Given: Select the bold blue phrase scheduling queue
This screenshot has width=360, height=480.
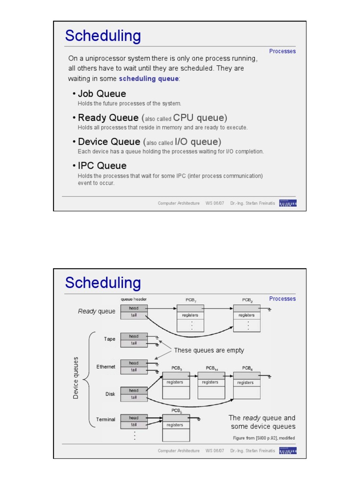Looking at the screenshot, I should pyautogui.click(x=149, y=78).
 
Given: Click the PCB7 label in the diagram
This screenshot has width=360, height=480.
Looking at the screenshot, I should pyautogui.click(x=190, y=300).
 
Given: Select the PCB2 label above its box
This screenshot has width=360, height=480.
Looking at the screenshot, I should pyautogui.click(x=247, y=300).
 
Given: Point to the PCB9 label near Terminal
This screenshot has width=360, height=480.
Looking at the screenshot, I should pyautogui.click(x=176, y=411).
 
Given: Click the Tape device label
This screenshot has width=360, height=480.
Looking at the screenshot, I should pyautogui.click(x=109, y=339).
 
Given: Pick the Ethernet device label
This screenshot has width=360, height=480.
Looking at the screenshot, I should pyautogui.click(x=105, y=367).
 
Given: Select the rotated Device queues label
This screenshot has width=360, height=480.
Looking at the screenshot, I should pyautogui.click(x=76, y=378).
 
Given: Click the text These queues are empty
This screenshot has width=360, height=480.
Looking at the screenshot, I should pyautogui.click(x=209, y=350).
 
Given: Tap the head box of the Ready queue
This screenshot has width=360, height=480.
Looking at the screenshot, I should pyautogui.click(x=134, y=308).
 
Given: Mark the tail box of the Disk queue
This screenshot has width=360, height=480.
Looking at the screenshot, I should pyautogui.click(x=134, y=397).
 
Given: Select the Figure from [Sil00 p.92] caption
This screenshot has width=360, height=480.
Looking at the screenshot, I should pyautogui.click(x=264, y=438).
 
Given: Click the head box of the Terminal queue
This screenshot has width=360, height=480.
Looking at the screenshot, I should pyautogui.click(x=134, y=418).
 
